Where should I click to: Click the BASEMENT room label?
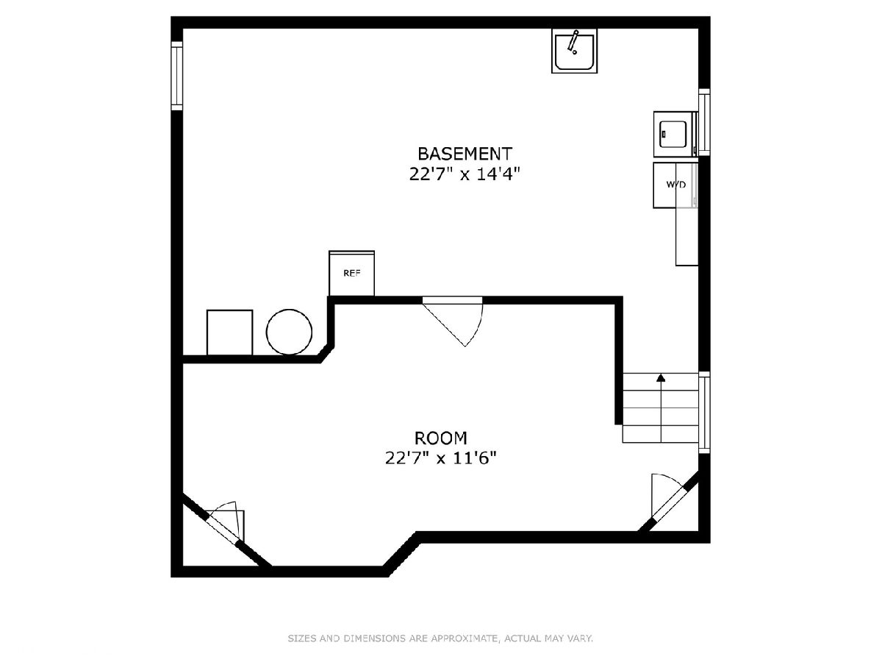tap(465, 154)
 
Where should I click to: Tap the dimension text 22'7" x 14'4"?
tap(465, 174)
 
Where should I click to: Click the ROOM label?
tap(441, 438)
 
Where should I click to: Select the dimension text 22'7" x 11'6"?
tap(441, 458)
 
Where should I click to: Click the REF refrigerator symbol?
tap(351, 274)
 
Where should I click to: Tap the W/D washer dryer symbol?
tap(675, 185)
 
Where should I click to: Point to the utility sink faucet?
tap(573, 42)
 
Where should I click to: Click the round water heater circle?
tap(289, 332)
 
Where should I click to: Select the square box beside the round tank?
tap(229, 332)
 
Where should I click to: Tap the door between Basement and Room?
tap(453, 321)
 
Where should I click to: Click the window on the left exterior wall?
tap(177, 76)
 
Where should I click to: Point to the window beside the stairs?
tap(704, 412)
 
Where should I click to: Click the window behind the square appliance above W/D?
tap(704, 122)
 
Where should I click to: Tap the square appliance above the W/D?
tap(675, 135)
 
